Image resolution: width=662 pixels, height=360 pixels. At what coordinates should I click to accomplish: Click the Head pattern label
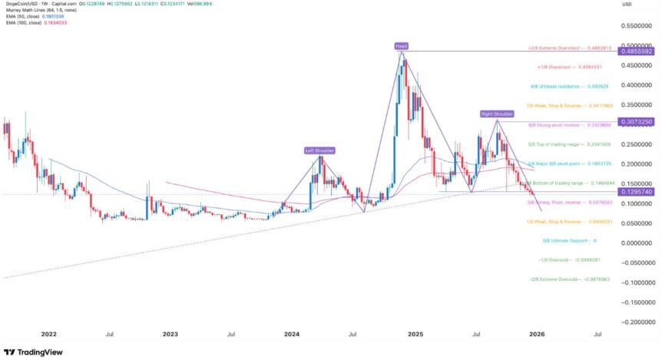401,47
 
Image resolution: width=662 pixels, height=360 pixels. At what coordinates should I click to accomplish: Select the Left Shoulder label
319,150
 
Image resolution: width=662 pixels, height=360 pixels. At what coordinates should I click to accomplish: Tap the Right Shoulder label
496,114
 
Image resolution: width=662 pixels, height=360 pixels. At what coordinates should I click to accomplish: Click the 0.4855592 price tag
637,51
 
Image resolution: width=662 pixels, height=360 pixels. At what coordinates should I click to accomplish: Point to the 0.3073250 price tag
637,121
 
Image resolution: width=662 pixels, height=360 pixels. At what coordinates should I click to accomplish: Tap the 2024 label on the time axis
292,335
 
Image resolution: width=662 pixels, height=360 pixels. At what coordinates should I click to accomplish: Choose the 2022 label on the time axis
49,335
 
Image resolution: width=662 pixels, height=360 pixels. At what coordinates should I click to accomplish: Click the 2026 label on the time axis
537,335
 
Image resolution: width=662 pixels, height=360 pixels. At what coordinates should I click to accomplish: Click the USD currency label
626,5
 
